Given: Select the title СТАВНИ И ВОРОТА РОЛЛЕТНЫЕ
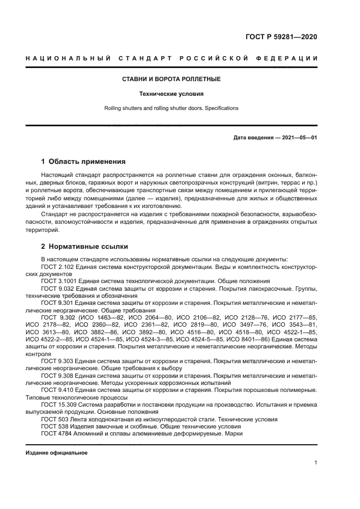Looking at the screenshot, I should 171,79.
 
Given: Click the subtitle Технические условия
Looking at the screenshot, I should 171,94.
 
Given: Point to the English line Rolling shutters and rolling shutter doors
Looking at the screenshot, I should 171,108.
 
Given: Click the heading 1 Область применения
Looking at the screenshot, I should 83,162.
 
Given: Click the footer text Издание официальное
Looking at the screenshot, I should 56,453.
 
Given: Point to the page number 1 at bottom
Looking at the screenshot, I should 315,463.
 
